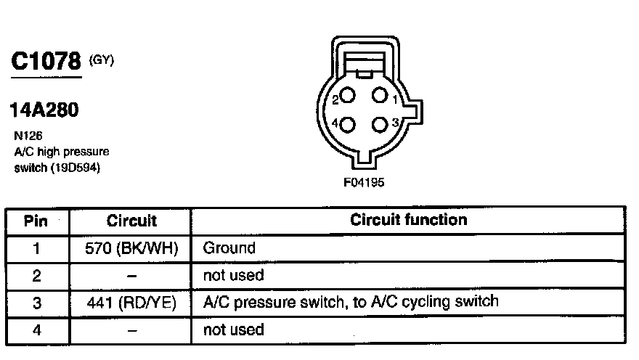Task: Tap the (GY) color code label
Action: coord(101,61)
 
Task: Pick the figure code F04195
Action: coord(364,183)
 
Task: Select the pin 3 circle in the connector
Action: coord(379,123)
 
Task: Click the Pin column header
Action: coord(36,220)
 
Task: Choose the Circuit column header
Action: coord(131,220)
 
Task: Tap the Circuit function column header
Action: coord(409,220)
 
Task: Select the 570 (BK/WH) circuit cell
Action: coord(131,248)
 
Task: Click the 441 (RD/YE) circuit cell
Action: coord(131,302)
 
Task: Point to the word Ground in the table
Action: coord(229,248)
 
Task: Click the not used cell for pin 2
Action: coord(233,275)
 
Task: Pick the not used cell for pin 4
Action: coord(233,330)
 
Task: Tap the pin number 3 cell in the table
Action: coord(36,302)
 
